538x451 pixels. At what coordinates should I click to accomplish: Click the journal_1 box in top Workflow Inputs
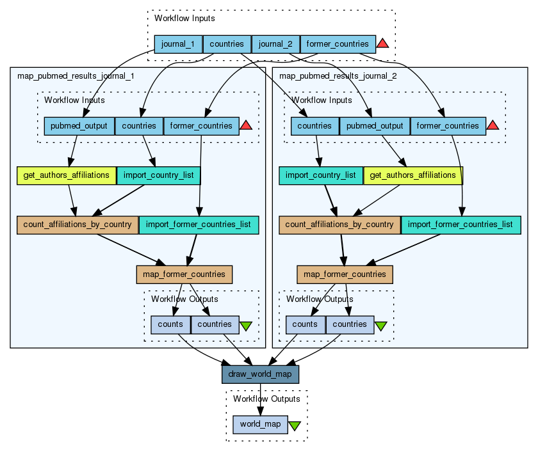[178, 44]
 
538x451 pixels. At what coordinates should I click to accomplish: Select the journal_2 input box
[276, 44]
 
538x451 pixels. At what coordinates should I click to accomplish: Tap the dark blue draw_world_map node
[260, 374]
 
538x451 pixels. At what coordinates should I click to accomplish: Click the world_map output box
[260, 424]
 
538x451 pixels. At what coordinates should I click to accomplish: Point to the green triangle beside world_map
[295, 425]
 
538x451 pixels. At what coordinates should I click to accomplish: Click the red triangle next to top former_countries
[382, 44]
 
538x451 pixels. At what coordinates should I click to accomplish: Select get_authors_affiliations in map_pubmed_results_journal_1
[67, 175]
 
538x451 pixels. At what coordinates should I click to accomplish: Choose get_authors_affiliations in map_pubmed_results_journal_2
[413, 175]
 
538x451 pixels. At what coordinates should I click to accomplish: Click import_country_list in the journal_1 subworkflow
[159, 175]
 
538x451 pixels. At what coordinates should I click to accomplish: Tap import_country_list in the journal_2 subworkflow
[321, 175]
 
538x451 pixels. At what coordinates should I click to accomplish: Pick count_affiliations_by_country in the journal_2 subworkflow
[339, 225]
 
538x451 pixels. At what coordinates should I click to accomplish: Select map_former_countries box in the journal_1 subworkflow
[184, 274]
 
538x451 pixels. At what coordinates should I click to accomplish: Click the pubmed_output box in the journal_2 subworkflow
[375, 126]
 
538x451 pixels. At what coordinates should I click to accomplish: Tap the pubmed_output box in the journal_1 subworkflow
[79, 126]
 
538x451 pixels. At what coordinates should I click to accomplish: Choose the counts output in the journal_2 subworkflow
[306, 324]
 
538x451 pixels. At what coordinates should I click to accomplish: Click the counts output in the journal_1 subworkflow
[170, 324]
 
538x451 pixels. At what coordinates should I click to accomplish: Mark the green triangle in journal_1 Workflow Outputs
[245, 326]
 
